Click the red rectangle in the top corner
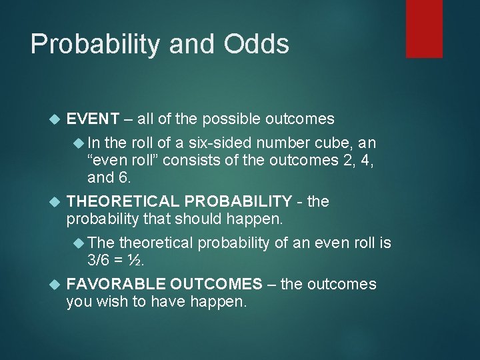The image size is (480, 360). point(424,28)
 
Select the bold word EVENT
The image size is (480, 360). point(93,119)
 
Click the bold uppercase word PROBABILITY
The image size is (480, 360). point(239,201)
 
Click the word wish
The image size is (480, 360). point(111,301)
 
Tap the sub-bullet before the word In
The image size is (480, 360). point(78,144)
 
